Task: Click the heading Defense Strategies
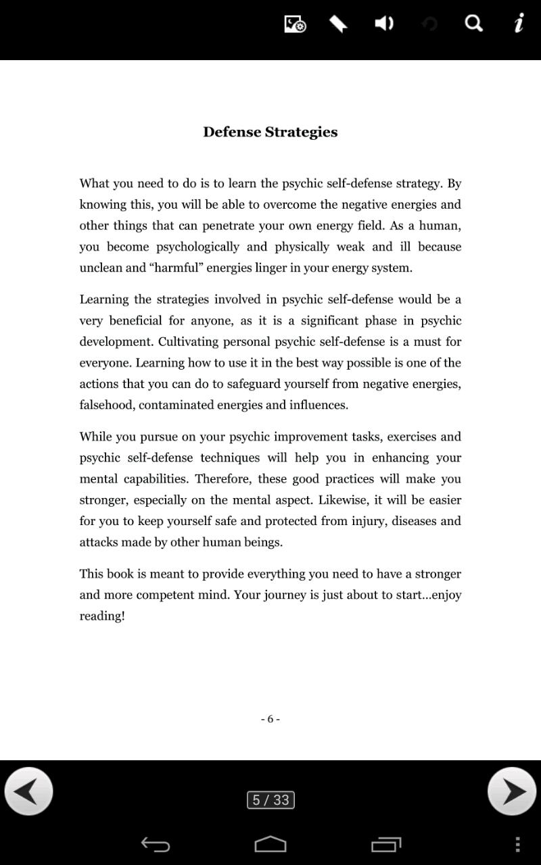270,132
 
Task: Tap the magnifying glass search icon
473,24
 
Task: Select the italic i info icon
519,24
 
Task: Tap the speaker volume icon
384,24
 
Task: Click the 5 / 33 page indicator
270,800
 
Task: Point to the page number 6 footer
270,719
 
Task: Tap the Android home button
270,844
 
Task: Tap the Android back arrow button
155,844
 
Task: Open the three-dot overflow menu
517,844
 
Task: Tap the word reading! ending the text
102,616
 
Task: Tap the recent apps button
386,844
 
